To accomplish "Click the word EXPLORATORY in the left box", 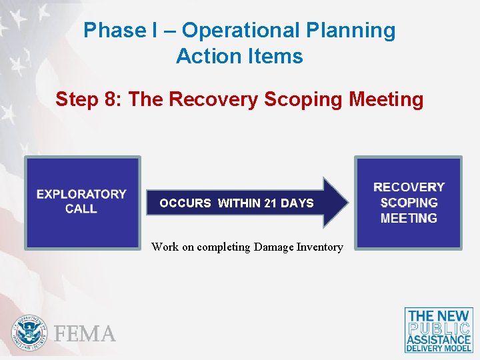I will coord(81,194).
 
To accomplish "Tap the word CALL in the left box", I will coord(81,209).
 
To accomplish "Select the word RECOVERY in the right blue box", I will coord(409,187).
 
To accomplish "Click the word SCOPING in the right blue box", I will coord(409,203).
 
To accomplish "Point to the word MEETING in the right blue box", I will coord(409,218).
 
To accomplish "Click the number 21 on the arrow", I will coord(270,203).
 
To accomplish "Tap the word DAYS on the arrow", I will coord(297,203).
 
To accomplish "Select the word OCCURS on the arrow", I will coord(185,203).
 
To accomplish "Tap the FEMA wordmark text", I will coord(85,333).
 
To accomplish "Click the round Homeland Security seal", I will coord(30,333).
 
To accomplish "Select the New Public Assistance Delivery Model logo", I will coord(439,330).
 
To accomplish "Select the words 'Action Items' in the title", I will coord(239,57).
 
